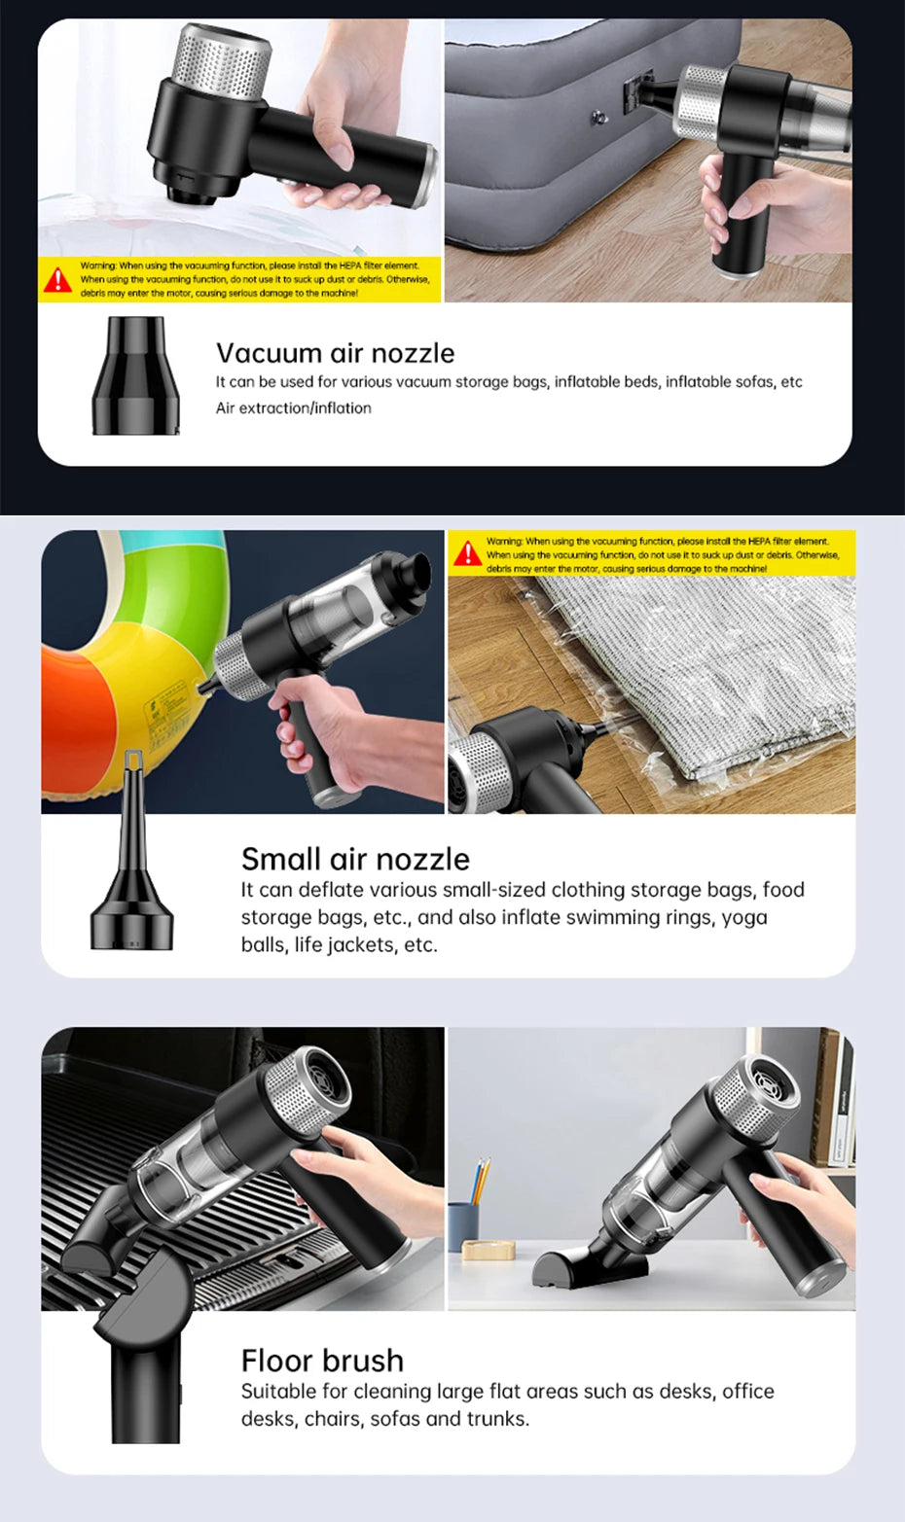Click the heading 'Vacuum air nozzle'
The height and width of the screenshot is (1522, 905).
(x=335, y=353)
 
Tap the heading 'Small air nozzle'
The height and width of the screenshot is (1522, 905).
(x=355, y=859)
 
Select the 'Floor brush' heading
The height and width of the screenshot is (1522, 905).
(x=322, y=1360)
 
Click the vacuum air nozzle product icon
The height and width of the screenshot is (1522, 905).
(x=135, y=374)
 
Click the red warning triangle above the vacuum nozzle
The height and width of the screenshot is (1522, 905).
(x=58, y=280)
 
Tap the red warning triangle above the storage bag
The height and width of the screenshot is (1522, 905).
(x=468, y=553)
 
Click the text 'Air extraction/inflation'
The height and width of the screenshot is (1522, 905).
(x=293, y=408)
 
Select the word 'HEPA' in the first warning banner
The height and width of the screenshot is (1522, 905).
(x=350, y=265)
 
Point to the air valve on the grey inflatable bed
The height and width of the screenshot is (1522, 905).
(x=598, y=118)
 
